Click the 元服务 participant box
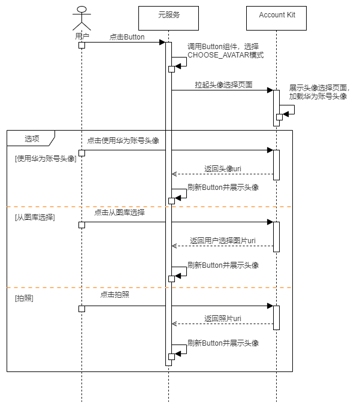pos(168,17)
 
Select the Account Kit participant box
pos(276,17)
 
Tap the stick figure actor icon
pos(82,17)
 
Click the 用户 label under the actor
pos(82,36)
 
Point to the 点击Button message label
pos(127,37)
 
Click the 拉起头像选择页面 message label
pos(223,85)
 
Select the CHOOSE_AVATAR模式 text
pos(225,55)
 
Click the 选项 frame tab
pos(32,138)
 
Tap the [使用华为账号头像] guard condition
pos(46,159)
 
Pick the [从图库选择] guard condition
pos(35,217)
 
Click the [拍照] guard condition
pos(24,298)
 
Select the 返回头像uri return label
pos(222,169)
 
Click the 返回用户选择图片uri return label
pos(223,240)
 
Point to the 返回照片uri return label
pos(222,318)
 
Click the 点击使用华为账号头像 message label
pos(123,141)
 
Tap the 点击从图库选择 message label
pos(119,212)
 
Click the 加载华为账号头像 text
pos(317,96)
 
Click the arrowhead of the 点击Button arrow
pos(162,42)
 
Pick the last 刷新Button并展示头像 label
pos(223,343)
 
